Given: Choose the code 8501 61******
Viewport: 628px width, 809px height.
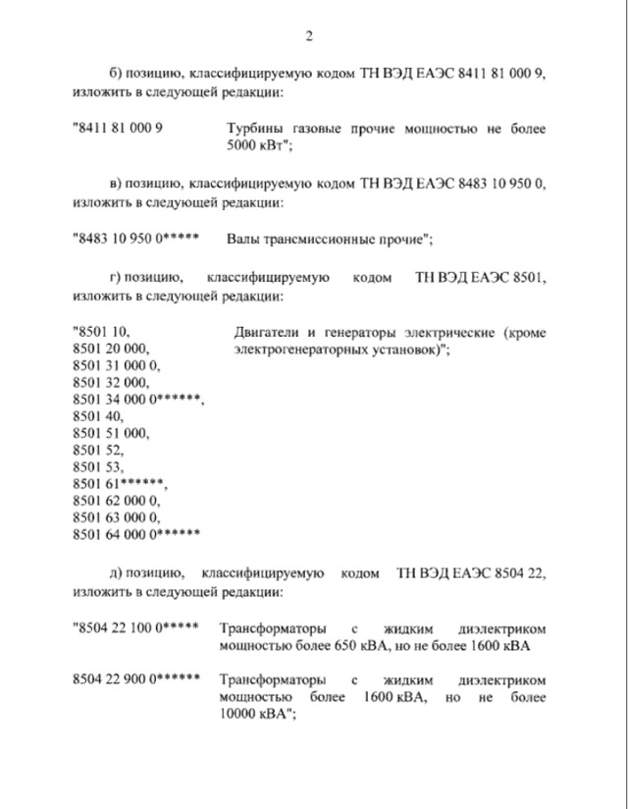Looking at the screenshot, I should point(120,483).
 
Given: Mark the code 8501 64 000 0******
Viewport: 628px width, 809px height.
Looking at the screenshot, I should point(136,533).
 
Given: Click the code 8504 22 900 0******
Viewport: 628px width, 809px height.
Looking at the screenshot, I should point(136,678).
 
